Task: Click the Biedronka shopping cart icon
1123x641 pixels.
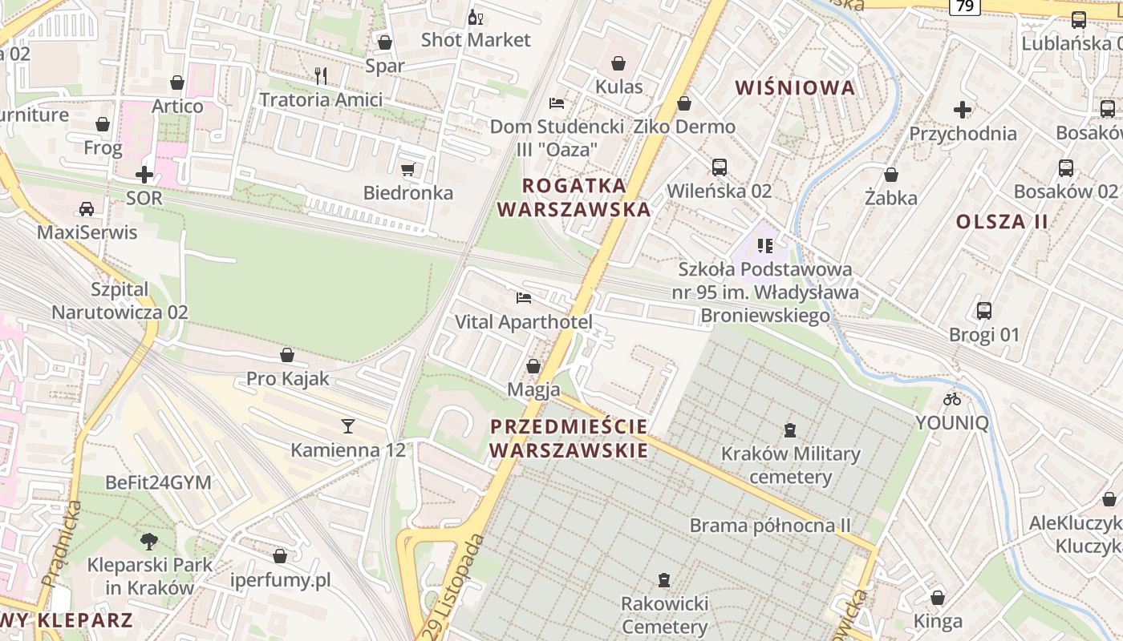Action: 407,169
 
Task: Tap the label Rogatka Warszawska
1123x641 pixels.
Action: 574,197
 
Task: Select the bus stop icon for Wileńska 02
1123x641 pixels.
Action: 720,167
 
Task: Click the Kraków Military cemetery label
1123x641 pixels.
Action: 790,466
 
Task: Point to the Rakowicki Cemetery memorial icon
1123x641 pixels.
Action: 663,579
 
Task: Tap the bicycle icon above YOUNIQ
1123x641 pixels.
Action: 952,398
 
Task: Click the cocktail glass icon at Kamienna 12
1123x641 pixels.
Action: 348,425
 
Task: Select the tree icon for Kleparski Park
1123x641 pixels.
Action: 148,541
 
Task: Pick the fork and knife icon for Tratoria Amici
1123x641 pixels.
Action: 321,76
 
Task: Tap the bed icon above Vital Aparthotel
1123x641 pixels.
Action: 524,298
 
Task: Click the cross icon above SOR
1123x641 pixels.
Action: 144,174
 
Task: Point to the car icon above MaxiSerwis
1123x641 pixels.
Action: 87,209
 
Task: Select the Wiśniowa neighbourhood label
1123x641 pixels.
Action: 795,88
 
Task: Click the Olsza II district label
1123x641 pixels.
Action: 1002,222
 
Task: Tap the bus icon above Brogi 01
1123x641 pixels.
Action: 984,311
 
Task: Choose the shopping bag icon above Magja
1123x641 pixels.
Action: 533,366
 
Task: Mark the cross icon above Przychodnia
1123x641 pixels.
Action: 963,110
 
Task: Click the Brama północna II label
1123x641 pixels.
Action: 770,526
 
